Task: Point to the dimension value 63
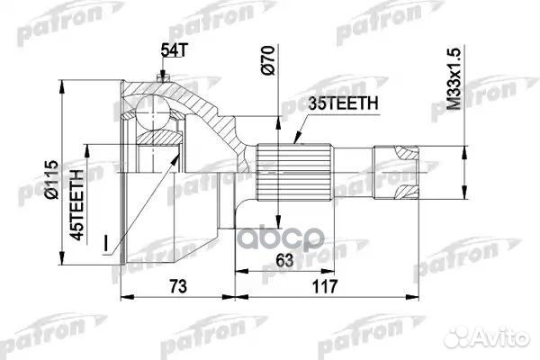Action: click(x=282, y=260)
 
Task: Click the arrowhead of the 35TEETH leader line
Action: click(x=296, y=142)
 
